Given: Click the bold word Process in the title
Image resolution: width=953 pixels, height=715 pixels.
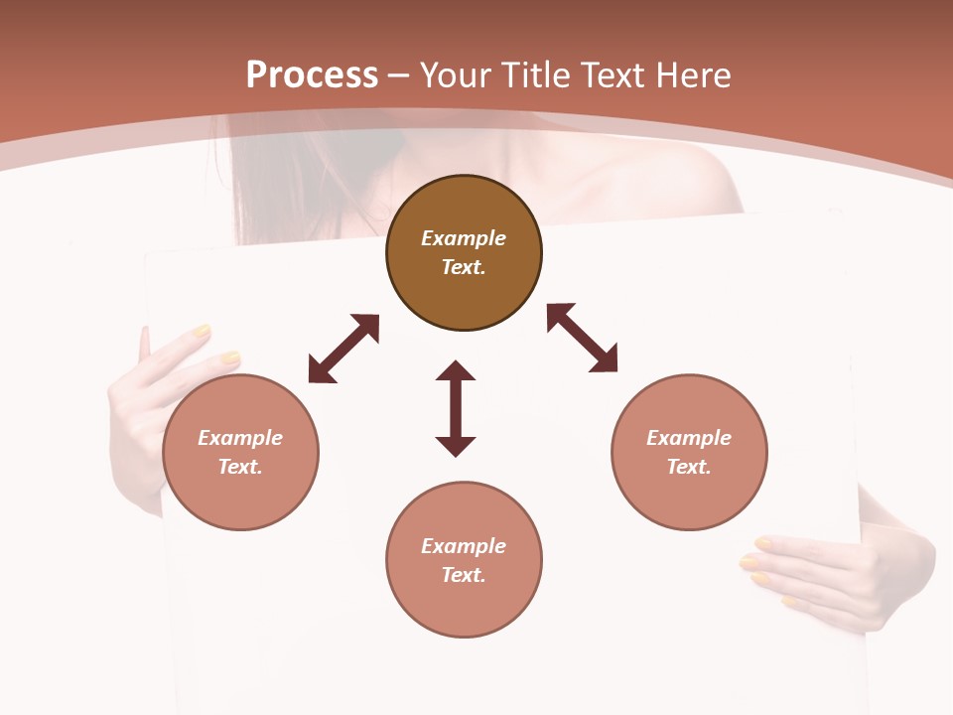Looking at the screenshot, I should click(312, 75).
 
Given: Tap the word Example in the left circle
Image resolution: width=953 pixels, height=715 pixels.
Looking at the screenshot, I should click(240, 438).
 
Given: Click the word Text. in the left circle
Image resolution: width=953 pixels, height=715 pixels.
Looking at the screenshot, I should click(240, 467).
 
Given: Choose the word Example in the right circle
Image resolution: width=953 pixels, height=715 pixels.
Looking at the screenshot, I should click(689, 438).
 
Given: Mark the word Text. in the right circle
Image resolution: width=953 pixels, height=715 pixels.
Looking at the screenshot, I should click(689, 467).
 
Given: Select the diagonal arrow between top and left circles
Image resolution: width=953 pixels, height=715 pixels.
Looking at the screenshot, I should click(343, 349).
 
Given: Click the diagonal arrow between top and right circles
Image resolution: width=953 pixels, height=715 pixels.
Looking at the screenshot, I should click(582, 339).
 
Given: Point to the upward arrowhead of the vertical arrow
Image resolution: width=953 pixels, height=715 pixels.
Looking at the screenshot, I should click(456, 371).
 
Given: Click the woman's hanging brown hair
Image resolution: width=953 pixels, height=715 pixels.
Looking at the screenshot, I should click(268, 179).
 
